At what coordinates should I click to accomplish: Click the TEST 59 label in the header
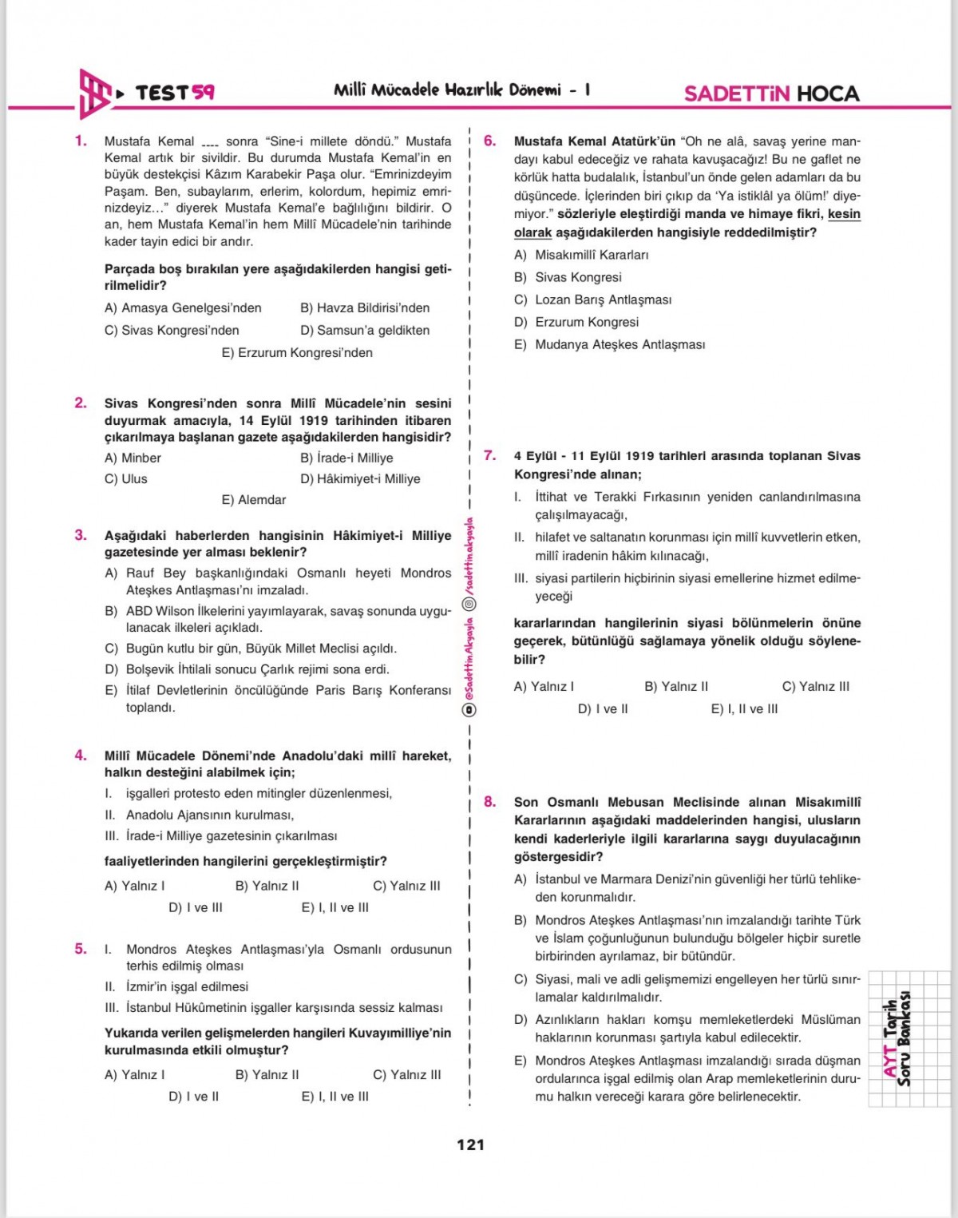pyautogui.click(x=174, y=93)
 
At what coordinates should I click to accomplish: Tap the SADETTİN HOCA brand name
pyautogui.click(x=771, y=93)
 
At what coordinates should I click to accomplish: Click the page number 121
pyautogui.click(x=470, y=1145)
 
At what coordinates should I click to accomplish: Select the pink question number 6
pyautogui.click(x=489, y=141)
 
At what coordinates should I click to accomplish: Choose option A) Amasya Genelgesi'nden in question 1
pyautogui.click(x=183, y=307)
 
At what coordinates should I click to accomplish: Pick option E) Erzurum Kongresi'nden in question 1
pyautogui.click(x=297, y=352)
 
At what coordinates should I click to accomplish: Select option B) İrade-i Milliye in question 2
pyautogui.click(x=346, y=458)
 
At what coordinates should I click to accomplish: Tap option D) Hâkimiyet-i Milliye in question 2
pyautogui.click(x=360, y=478)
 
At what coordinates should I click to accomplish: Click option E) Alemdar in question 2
pyautogui.click(x=254, y=499)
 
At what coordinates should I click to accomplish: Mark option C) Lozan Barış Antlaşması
pyautogui.click(x=593, y=300)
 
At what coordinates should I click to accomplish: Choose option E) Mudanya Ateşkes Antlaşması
pyautogui.click(x=610, y=344)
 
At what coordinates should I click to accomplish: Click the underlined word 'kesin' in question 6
pyautogui.click(x=844, y=214)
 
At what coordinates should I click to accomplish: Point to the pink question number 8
pyautogui.click(x=489, y=802)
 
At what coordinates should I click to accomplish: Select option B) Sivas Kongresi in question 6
pyautogui.click(x=568, y=277)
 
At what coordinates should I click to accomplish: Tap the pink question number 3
pyautogui.click(x=81, y=535)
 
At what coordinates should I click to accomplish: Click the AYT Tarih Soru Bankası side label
pyautogui.click(x=897, y=1038)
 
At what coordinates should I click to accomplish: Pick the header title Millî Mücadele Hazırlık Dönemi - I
pyautogui.click(x=461, y=90)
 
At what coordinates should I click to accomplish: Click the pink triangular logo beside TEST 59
pyautogui.click(x=94, y=93)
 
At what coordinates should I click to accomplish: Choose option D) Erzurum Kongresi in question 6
pyautogui.click(x=576, y=322)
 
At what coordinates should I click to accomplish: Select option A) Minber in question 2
pyautogui.click(x=133, y=458)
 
